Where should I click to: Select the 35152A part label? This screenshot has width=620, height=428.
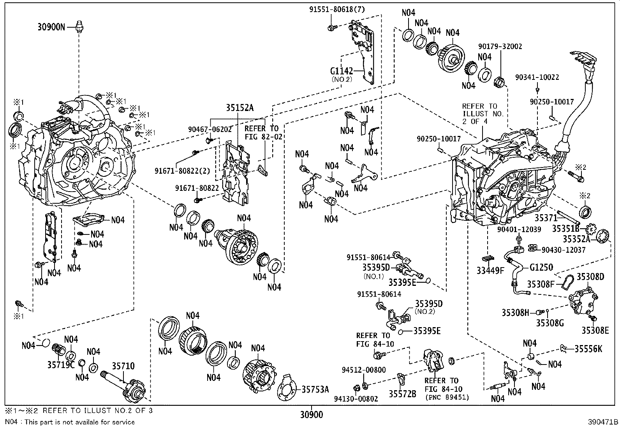point(240,108)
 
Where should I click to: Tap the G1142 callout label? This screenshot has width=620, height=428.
point(341,71)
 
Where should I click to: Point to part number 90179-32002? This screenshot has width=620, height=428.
point(500,46)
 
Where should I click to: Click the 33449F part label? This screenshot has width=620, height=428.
point(490,270)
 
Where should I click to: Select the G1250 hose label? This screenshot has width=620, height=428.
point(541,268)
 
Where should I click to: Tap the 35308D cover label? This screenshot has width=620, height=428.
point(590,277)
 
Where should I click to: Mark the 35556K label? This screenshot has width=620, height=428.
point(588,349)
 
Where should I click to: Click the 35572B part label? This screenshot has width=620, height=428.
point(402,394)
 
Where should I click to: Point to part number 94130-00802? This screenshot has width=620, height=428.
point(356,399)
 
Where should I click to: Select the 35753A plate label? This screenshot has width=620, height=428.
point(315,389)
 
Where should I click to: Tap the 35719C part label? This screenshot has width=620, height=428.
point(61,365)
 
